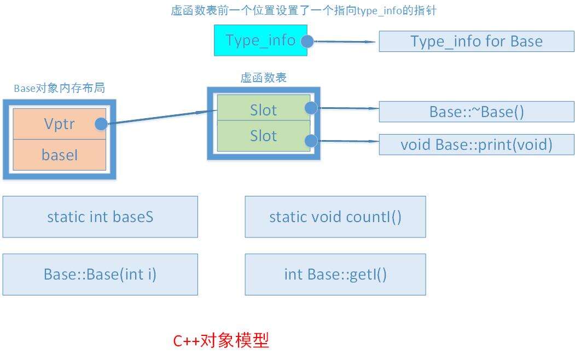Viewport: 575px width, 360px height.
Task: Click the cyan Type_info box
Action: click(260, 40)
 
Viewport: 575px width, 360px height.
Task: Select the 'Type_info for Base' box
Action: click(477, 42)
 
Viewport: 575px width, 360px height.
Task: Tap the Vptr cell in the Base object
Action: click(60, 124)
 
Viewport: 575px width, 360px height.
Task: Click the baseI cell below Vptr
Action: click(60, 155)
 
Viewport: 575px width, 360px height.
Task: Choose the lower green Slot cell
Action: click(264, 136)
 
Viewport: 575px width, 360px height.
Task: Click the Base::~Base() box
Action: click(477, 112)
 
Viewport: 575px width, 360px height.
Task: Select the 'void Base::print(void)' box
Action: click(477, 145)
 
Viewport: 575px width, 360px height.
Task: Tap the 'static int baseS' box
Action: click(100, 217)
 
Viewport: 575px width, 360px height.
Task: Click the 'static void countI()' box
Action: click(335, 217)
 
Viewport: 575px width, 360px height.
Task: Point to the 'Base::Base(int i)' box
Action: click(100, 274)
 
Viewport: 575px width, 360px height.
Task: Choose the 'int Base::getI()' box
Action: click(335, 274)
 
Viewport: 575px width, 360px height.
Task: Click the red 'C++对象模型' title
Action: click(221, 340)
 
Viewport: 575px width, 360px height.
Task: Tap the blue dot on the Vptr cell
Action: click(101, 124)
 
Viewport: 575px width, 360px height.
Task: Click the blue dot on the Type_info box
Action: click(307, 42)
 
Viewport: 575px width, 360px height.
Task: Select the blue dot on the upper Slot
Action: click(311, 108)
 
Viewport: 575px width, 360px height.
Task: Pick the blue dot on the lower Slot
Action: click(311, 141)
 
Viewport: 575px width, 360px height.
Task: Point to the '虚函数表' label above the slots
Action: click(263, 78)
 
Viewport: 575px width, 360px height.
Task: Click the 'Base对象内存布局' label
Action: click(60, 88)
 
